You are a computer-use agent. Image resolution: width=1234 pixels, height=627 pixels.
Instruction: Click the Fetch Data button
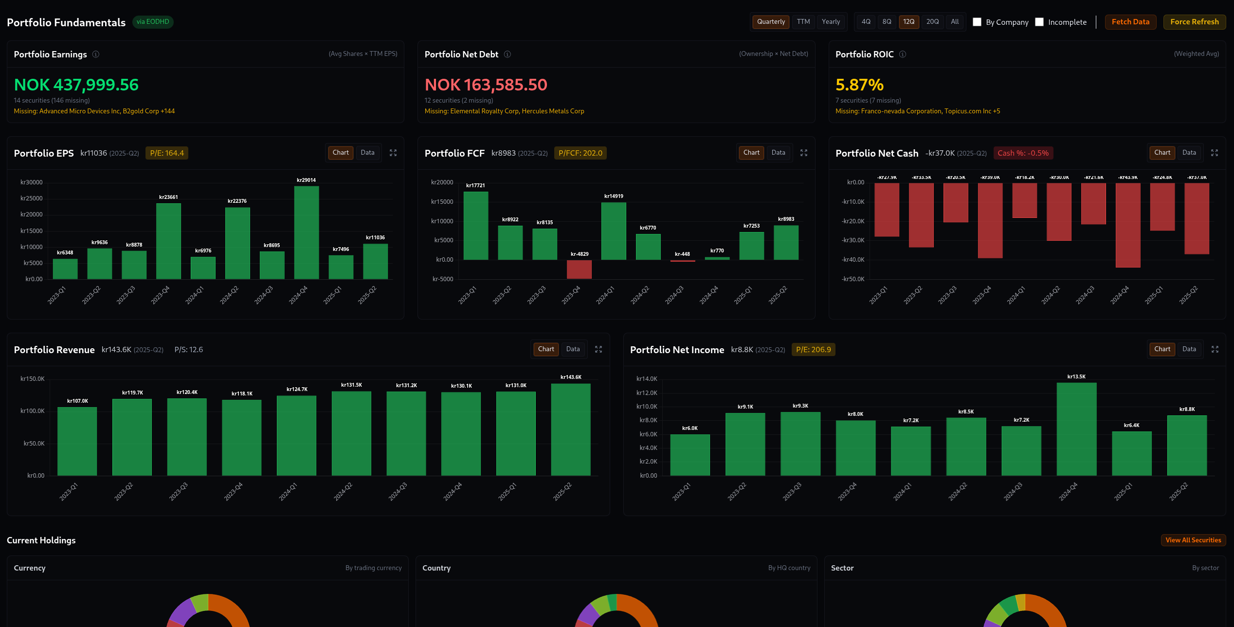(1130, 22)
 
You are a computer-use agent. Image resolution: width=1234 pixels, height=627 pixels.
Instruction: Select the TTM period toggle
(803, 22)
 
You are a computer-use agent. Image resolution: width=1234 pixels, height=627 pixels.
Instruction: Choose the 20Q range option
(932, 22)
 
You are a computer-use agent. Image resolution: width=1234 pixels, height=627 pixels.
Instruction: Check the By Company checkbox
(977, 22)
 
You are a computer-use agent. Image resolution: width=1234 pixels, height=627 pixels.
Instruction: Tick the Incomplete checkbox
(1039, 22)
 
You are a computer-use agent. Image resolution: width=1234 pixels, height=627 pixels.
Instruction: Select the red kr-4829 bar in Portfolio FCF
(579, 269)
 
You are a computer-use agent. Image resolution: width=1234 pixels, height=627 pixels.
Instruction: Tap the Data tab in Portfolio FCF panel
(778, 153)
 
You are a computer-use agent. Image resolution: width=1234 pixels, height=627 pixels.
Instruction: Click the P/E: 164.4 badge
(167, 153)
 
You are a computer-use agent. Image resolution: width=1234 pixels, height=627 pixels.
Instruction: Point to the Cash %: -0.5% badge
(1023, 153)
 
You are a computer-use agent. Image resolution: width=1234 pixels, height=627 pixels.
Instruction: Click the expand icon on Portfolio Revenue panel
(599, 349)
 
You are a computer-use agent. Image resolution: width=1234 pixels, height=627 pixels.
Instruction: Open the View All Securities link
(1193, 540)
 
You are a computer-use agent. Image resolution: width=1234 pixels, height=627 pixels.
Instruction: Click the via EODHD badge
(153, 22)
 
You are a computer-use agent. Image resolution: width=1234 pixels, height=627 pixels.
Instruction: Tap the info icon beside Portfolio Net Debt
(507, 54)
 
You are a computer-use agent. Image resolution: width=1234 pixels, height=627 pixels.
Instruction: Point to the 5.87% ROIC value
(859, 85)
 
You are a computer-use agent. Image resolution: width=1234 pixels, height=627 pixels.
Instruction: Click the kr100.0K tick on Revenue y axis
(32, 411)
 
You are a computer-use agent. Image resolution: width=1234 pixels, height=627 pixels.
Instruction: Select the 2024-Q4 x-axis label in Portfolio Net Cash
(1120, 295)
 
